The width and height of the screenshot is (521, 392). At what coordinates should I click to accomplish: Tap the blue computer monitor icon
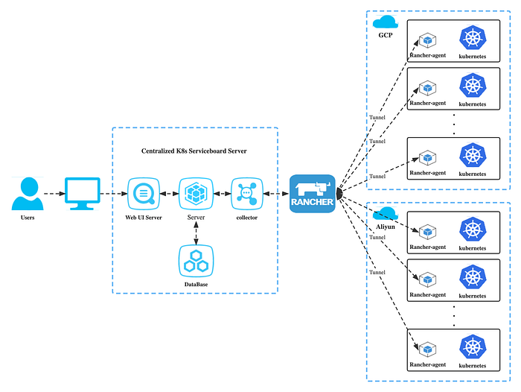click(83, 193)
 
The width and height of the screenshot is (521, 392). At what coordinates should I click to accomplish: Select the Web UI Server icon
click(141, 193)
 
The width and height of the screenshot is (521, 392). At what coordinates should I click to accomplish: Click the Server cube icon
click(195, 193)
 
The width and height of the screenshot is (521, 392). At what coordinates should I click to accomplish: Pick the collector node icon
click(246, 193)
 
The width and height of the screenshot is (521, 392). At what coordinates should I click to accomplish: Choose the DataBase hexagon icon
click(195, 260)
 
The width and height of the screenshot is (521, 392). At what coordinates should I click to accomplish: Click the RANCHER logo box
click(313, 194)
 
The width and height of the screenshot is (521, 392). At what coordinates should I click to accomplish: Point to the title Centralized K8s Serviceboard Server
click(195, 151)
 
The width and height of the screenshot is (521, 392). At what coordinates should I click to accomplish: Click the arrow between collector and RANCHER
click(275, 194)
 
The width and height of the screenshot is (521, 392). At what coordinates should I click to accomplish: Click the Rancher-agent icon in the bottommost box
click(427, 349)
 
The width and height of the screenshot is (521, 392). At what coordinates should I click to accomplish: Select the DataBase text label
click(195, 285)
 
